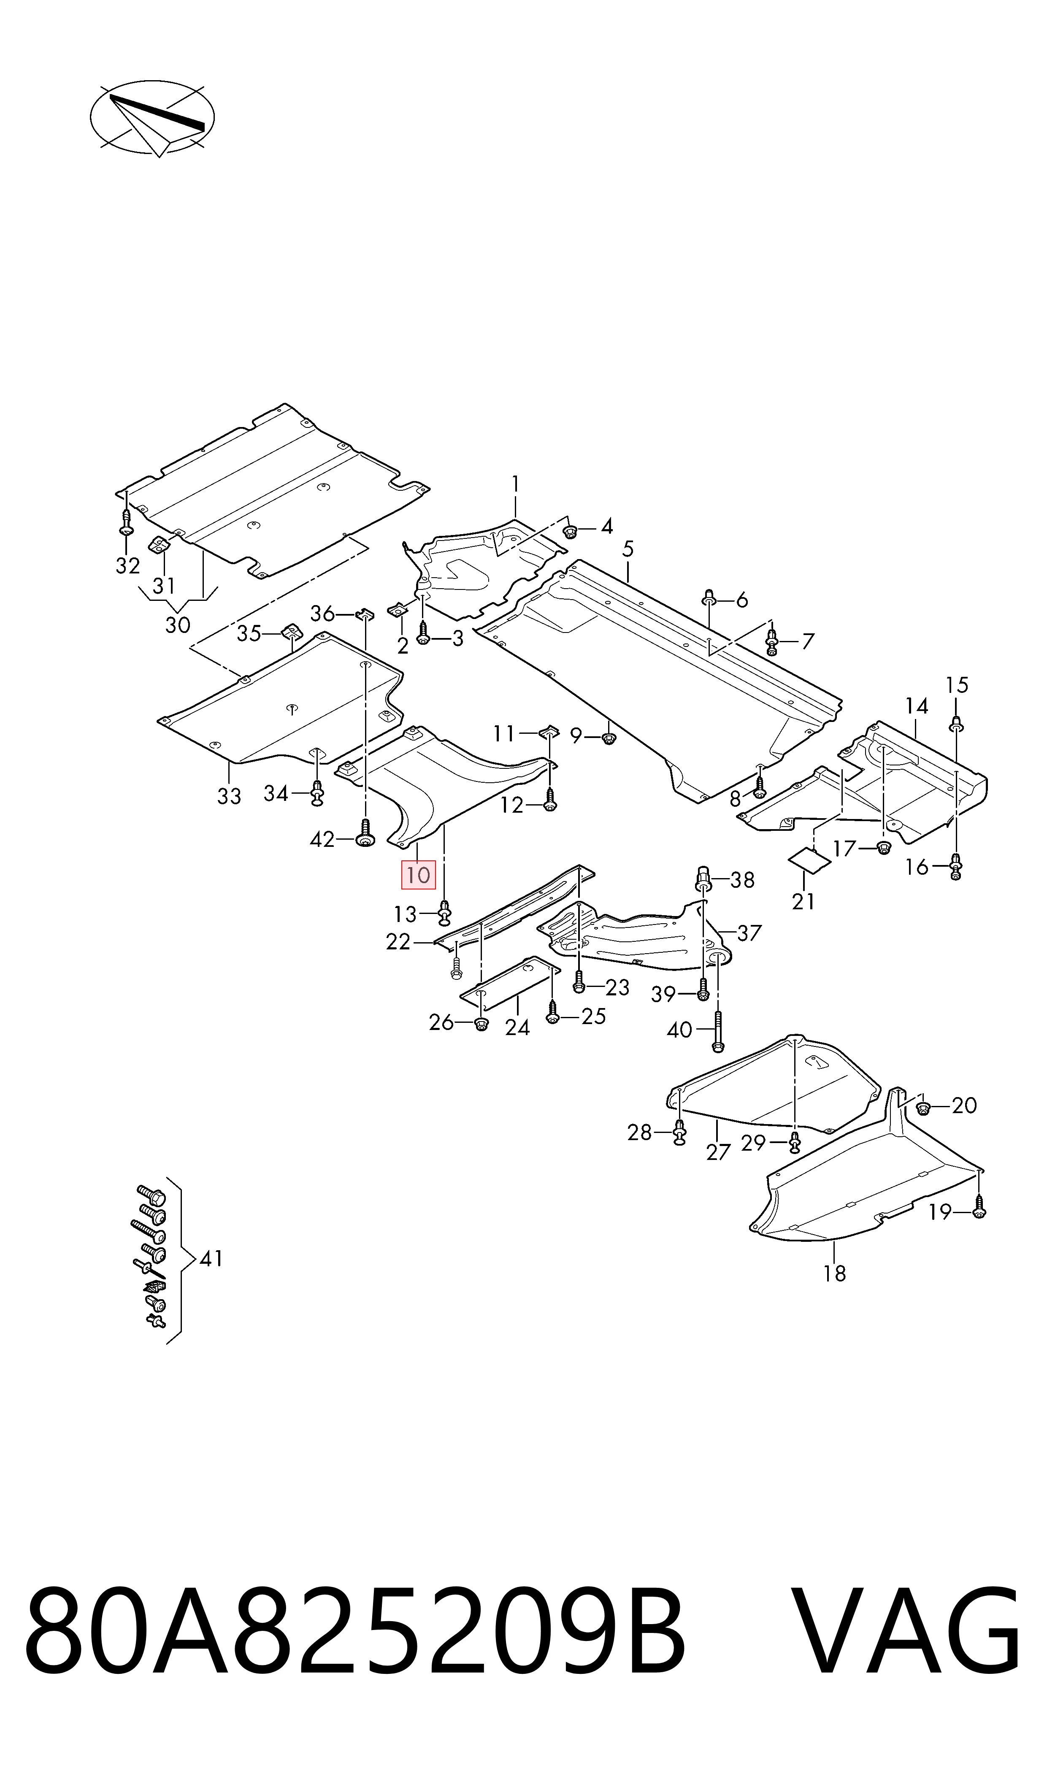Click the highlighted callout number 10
418,875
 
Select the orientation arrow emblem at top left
152,118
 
